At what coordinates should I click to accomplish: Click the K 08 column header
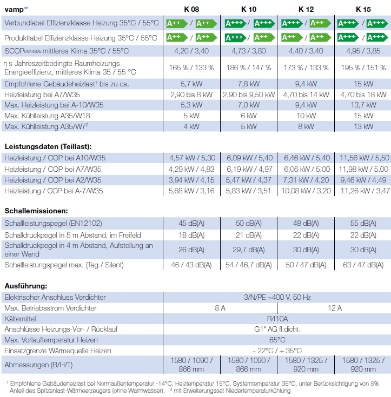(192, 9)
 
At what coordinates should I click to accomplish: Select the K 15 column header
(362, 9)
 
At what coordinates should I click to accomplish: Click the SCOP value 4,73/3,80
(249, 51)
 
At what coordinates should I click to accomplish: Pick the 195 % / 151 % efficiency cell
(362, 68)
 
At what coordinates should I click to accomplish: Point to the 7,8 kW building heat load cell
(249, 84)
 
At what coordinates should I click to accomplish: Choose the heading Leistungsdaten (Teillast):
(48, 146)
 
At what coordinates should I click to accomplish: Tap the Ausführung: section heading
(26, 285)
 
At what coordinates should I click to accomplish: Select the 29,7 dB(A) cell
(249, 250)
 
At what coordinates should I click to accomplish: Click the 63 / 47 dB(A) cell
(362, 265)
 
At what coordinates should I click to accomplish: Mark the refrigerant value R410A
(277, 319)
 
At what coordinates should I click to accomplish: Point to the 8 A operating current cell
(220, 308)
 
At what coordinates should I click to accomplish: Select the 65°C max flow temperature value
(277, 340)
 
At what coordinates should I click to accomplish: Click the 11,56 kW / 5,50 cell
(362, 158)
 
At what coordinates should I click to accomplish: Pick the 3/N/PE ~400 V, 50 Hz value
(277, 297)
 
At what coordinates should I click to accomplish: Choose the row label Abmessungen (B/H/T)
(38, 365)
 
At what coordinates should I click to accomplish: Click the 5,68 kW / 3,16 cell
(192, 191)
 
